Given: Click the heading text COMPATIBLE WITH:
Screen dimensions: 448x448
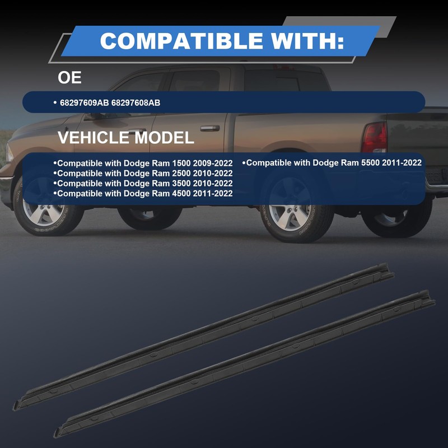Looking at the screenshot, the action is click(x=221, y=40).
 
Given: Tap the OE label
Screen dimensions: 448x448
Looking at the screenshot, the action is click(x=69, y=77).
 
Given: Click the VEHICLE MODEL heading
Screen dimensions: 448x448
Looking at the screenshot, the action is click(x=126, y=137).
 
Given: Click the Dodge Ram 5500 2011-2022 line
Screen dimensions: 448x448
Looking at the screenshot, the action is click(x=333, y=163).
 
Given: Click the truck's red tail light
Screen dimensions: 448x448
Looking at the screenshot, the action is click(x=374, y=137).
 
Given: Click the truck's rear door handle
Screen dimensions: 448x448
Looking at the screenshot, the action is click(x=210, y=128).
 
